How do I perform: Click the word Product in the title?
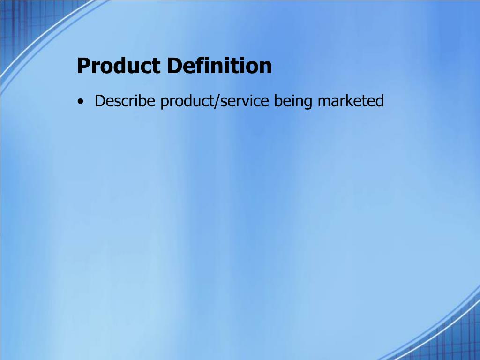[x=119, y=66]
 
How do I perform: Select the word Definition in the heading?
[x=219, y=66]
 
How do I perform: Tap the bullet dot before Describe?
[x=80, y=101]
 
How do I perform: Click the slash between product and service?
[x=217, y=101]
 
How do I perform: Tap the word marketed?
[x=351, y=101]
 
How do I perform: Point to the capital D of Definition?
[x=175, y=66]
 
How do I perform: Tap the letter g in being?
[x=308, y=103]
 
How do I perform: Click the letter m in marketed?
[x=325, y=102]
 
